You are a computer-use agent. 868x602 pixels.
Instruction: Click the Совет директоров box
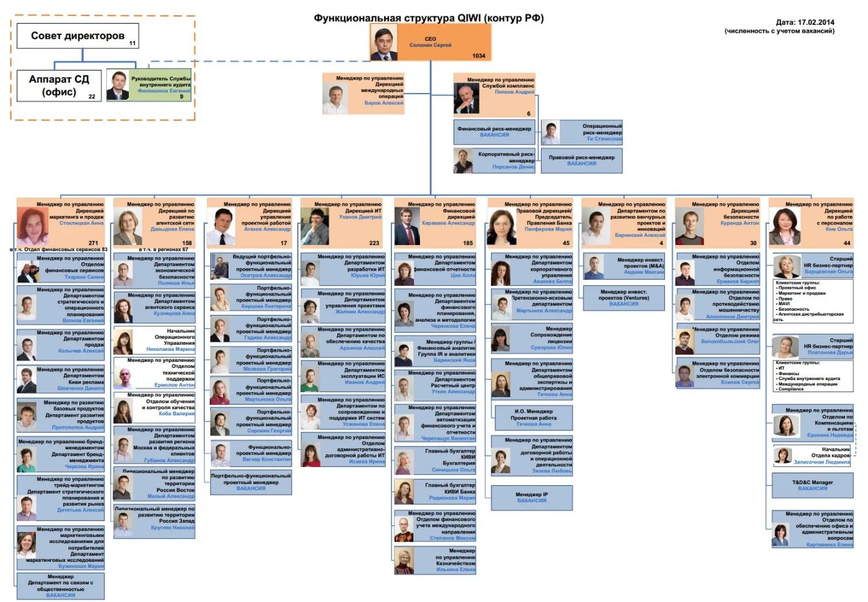[78, 36]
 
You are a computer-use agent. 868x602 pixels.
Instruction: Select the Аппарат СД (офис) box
[59, 86]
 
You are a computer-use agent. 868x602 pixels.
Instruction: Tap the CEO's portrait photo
[384, 43]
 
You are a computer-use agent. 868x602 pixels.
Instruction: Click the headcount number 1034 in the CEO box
[478, 56]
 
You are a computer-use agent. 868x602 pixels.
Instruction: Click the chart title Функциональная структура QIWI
[428, 18]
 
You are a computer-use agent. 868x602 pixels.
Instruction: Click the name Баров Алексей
[384, 103]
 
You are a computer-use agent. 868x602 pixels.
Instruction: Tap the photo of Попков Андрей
[466, 99]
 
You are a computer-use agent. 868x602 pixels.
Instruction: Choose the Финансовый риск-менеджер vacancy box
[494, 131]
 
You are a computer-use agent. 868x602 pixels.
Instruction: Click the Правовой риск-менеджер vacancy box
[582, 161]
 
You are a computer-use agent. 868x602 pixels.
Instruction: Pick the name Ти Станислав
[604, 139]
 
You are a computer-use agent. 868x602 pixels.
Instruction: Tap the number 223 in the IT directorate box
[374, 243]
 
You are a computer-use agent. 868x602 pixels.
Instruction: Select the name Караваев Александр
[448, 223]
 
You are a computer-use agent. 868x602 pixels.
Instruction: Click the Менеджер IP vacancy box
[532, 497]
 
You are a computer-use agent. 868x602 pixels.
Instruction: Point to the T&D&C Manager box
[812, 485]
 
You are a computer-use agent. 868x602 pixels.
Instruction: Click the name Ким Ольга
[839, 229]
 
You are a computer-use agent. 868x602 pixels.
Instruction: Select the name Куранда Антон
[740, 223]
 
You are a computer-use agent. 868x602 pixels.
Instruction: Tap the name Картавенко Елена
[829, 545]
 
